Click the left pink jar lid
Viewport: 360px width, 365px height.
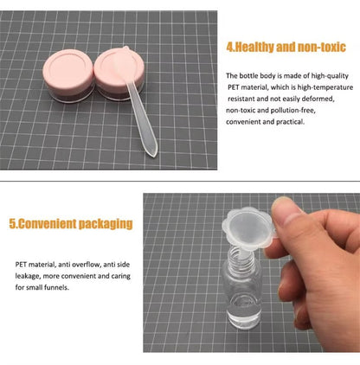pos(68,68)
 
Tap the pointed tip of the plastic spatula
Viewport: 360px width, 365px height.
pos(155,156)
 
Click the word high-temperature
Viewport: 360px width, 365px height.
pos(325,87)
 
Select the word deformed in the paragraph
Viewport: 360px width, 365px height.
pos(320,99)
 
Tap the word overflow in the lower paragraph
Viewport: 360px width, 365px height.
pos(87,265)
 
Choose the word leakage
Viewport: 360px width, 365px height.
pos(27,276)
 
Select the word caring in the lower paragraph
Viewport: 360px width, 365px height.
pos(121,276)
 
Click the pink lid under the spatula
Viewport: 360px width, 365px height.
pos(119,67)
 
